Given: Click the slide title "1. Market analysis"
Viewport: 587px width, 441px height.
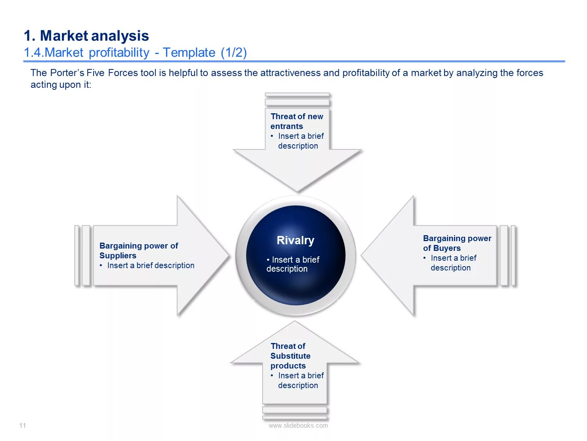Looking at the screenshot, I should [86, 36].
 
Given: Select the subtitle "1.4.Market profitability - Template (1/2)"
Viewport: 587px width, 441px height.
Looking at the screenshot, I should [135, 53].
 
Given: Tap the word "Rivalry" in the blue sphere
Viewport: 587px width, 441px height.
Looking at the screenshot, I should [295, 240].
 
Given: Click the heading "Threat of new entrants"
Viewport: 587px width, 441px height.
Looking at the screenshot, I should [297, 121].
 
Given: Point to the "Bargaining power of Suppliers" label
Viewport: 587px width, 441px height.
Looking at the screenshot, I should [139, 250].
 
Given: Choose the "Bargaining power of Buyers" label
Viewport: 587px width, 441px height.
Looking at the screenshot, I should [457, 243].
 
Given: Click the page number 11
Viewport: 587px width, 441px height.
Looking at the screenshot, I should [23, 425].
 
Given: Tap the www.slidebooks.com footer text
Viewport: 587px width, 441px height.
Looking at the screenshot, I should [298, 425].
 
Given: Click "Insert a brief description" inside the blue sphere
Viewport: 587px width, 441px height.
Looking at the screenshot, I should [293, 264].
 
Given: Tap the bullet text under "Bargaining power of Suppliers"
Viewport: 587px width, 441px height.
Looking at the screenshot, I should [151, 265].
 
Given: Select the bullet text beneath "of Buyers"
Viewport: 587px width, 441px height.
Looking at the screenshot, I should [453, 263].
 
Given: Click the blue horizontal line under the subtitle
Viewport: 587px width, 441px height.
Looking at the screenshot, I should [293, 61].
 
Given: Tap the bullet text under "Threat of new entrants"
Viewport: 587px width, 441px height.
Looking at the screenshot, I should [300, 141].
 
